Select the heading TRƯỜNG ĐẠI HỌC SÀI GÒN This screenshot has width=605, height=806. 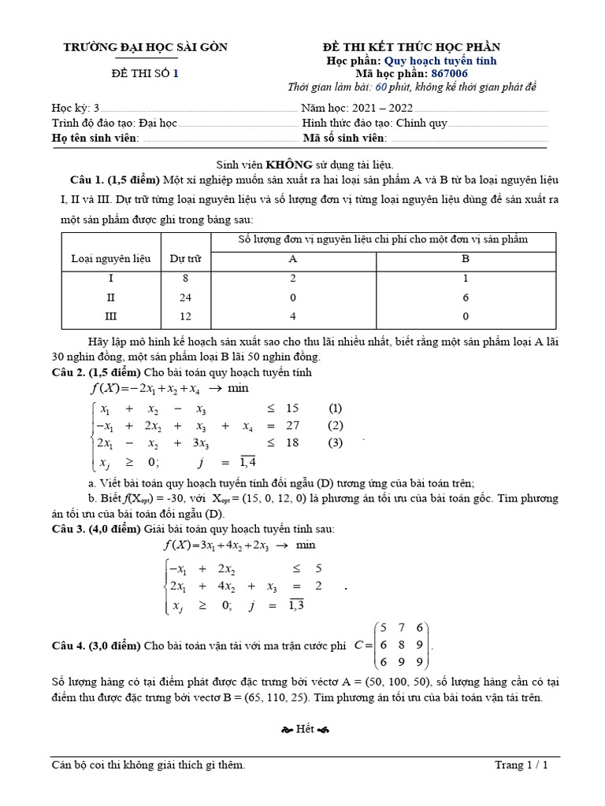tap(145, 47)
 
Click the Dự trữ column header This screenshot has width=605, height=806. tap(186, 257)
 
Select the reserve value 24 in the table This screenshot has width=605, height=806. tap(186, 298)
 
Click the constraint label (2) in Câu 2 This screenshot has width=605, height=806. tap(336, 425)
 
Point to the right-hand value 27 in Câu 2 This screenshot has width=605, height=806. tap(291, 425)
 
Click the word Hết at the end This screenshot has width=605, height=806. tap(305, 729)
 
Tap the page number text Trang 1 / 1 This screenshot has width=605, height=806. tap(521, 765)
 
